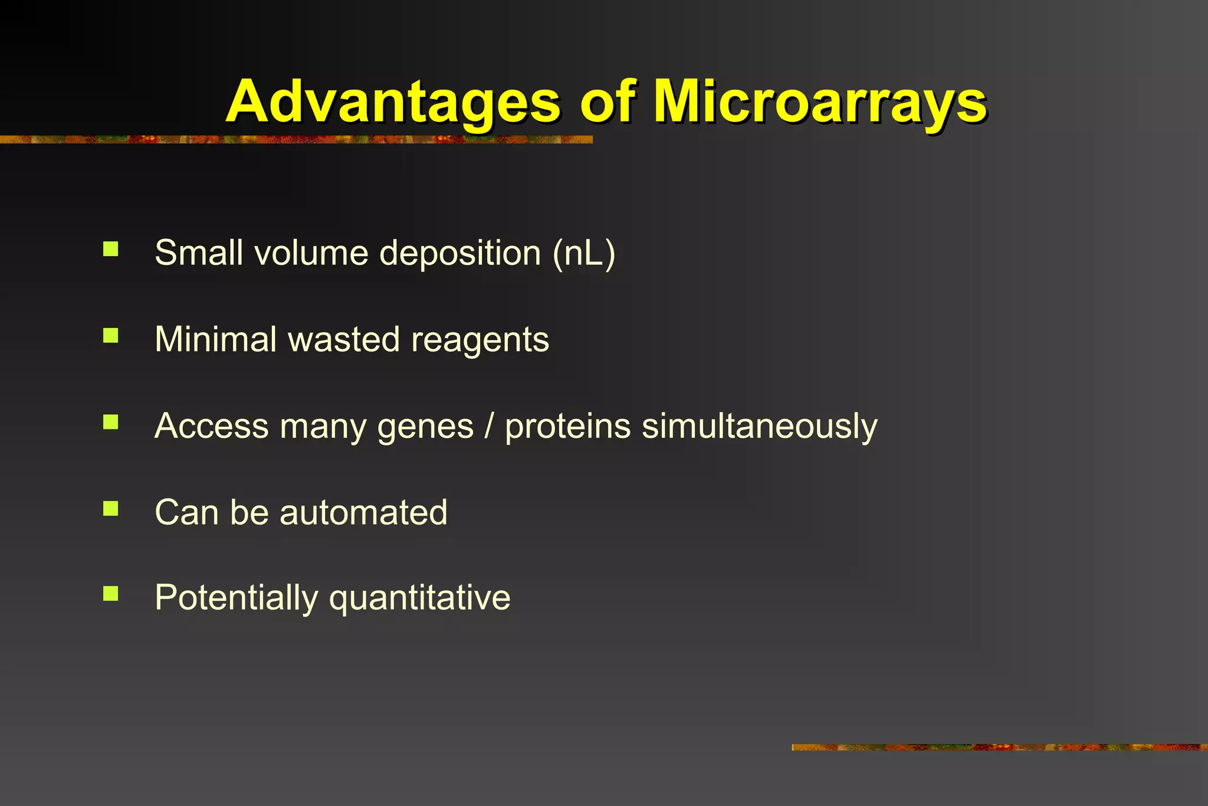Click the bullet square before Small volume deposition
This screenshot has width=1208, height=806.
[x=111, y=249]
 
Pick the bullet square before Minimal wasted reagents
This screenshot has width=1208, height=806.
[x=111, y=336]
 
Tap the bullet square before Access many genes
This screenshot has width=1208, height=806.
[x=111, y=422]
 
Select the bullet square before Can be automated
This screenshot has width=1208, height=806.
[x=111, y=508]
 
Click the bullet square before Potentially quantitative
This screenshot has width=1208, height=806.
[x=111, y=594]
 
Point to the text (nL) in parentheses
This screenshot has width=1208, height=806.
[x=584, y=254]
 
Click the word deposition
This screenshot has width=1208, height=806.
[x=460, y=254]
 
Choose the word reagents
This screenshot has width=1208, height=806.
[x=480, y=340]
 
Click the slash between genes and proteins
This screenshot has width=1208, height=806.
[x=488, y=426]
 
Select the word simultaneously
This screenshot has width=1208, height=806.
[x=760, y=427]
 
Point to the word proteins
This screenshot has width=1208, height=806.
[x=567, y=427]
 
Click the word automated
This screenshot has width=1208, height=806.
[x=363, y=512]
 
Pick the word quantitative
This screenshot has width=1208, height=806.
[x=419, y=598]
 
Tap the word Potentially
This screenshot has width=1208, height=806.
[x=236, y=598]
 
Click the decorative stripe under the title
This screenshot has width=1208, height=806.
[x=295, y=140]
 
